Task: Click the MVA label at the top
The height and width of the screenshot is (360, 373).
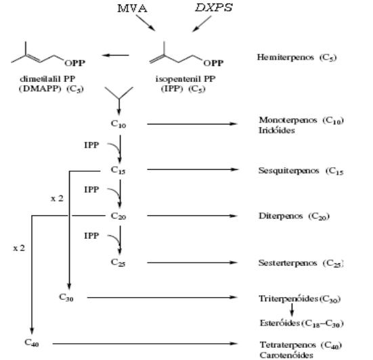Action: click(x=132, y=9)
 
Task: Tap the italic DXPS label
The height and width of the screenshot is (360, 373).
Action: click(x=214, y=8)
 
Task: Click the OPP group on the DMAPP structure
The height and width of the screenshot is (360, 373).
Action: click(x=74, y=63)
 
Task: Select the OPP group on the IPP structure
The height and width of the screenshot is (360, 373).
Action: click(x=213, y=63)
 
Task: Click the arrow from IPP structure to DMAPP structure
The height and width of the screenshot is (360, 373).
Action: click(x=115, y=55)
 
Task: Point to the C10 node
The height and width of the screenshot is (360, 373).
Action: click(x=118, y=124)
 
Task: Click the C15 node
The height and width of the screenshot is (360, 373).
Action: click(x=118, y=170)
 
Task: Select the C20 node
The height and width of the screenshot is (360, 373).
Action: click(x=118, y=216)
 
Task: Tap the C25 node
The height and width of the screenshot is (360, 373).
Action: click(x=118, y=263)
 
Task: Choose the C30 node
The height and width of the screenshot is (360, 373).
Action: click(x=66, y=297)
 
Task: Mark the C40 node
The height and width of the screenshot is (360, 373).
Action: click(x=32, y=342)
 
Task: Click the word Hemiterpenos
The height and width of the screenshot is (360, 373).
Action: click(x=285, y=57)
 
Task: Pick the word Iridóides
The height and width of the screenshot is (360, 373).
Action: click(x=277, y=131)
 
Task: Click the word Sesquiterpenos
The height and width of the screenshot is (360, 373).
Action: click(x=288, y=171)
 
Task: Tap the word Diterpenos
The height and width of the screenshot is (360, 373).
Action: click(x=281, y=216)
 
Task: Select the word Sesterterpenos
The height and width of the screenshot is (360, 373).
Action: click(x=288, y=263)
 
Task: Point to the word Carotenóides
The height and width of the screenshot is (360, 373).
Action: click(x=286, y=355)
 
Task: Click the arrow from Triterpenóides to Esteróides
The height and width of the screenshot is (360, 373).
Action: click(x=292, y=310)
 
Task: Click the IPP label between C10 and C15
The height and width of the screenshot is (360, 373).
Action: click(x=91, y=145)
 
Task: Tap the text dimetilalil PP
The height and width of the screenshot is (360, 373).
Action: click(x=47, y=78)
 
